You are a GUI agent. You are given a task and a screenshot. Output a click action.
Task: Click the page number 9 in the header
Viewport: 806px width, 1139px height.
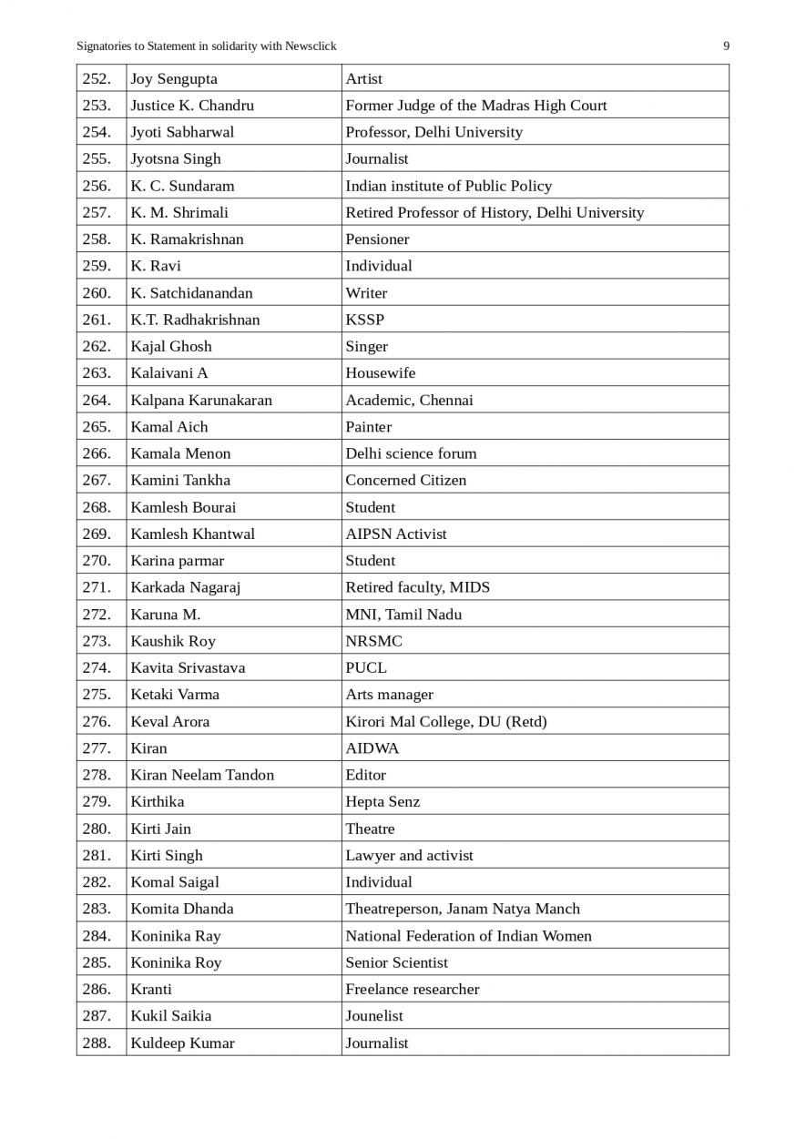726,46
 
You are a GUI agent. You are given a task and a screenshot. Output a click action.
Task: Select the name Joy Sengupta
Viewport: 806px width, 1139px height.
174,79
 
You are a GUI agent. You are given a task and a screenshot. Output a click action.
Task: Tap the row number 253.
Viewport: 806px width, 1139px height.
97,106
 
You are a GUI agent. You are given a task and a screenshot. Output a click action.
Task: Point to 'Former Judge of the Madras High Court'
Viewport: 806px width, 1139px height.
475,106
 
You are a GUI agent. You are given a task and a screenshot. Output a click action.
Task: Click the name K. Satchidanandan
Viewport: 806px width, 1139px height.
191,293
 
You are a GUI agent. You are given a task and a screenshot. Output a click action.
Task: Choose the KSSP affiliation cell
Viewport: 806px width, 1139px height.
364,320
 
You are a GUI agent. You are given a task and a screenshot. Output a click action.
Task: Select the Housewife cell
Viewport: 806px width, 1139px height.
380,373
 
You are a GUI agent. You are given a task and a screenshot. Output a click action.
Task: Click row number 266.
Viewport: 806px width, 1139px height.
97,453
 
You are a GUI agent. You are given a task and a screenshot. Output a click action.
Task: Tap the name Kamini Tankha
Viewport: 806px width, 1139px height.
180,480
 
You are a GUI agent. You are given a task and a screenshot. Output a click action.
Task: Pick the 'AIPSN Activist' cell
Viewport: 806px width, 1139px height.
395,534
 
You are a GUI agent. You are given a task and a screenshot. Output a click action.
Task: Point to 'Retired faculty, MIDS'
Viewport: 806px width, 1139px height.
417,587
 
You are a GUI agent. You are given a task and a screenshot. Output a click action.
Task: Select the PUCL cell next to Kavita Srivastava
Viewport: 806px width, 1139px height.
365,667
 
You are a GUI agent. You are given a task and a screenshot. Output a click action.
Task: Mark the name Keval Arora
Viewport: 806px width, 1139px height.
169,721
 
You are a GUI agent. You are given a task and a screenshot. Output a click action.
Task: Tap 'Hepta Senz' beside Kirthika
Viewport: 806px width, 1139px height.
383,802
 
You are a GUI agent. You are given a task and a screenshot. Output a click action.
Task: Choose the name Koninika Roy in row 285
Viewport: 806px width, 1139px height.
176,962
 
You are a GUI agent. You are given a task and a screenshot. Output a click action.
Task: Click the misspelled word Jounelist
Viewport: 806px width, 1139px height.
373,1016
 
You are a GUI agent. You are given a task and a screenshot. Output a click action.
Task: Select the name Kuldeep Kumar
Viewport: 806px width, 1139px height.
182,1043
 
